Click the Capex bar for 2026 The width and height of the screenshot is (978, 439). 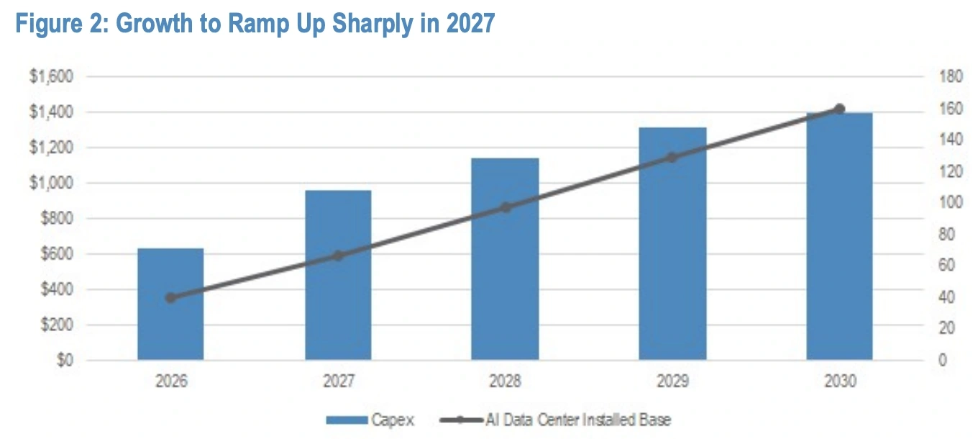[x=170, y=304]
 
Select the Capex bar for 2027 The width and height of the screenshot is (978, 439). [x=339, y=275]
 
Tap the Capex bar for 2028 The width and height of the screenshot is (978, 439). [x=505, y=259]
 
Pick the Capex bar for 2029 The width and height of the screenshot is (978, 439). [x=673, y=244]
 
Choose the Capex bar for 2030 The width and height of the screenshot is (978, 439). [x=840, y=236]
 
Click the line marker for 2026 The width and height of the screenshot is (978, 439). [x=170, y=298]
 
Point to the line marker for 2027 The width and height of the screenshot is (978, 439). [x=338, y=256]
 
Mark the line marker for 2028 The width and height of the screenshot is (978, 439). [x=506, y=207]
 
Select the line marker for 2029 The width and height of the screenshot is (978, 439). [x=672, y=158]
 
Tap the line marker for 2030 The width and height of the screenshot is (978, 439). [x=840, y=109]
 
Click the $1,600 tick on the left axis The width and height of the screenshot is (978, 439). [x=51, y=76]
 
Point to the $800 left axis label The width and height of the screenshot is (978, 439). [x=57, y=218]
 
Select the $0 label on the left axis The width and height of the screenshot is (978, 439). [x=65, y=360]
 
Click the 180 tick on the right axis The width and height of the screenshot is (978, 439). [x=951, y=76]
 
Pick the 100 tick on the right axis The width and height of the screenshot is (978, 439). [x=951, y=202]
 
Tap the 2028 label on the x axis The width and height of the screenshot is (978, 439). [x=505, y=381]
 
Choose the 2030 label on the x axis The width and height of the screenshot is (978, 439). [x=840, y=381]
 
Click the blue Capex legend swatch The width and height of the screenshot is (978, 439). [x=347, y=420]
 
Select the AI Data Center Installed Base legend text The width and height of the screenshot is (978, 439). [x=578, y=420]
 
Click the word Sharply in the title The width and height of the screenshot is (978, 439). [x=373, y=24]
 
